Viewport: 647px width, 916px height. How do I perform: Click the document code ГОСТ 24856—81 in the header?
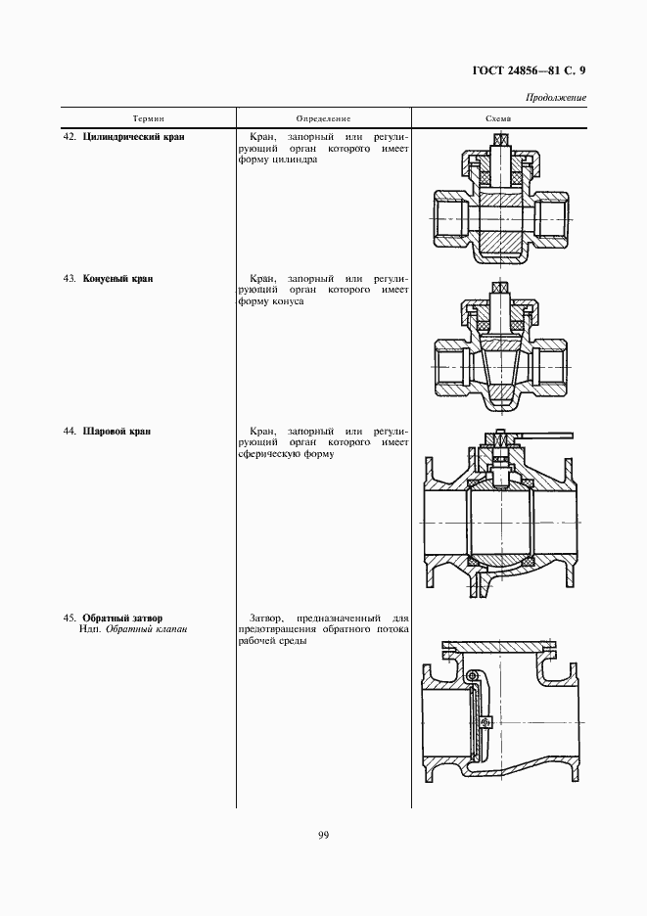pyautogui.click(x=508, y=70)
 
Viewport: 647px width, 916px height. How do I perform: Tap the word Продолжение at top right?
pyautogui.click(x=555, y=97)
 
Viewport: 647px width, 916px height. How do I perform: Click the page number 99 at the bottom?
pyautogui.click(x=323, y=835)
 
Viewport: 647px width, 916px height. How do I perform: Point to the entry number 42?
pyautogui.click(x=69, y=137)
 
